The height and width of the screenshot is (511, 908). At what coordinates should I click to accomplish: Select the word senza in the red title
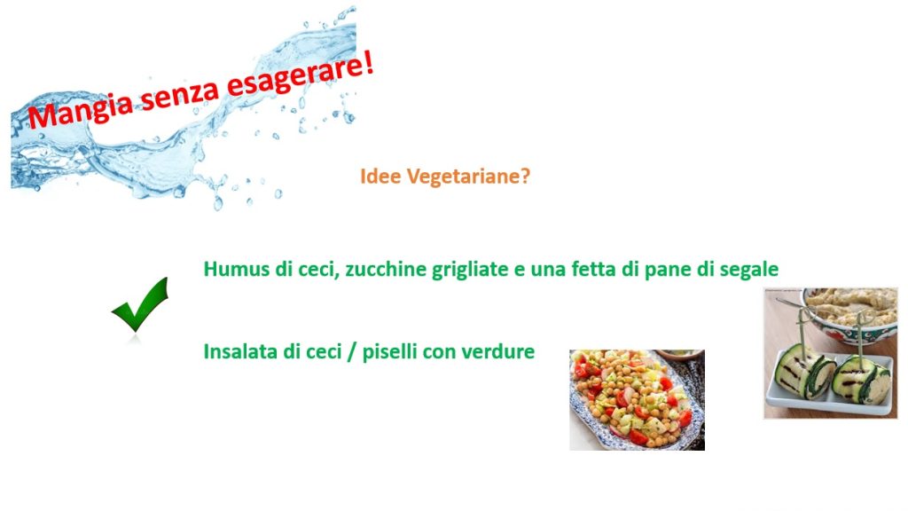179,94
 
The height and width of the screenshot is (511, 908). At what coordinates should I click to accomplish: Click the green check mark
139,304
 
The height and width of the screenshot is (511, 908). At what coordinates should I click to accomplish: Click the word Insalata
239,351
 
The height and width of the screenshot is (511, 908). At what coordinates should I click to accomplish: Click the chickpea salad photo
637,400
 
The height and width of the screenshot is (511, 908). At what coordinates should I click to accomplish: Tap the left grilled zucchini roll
804,371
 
